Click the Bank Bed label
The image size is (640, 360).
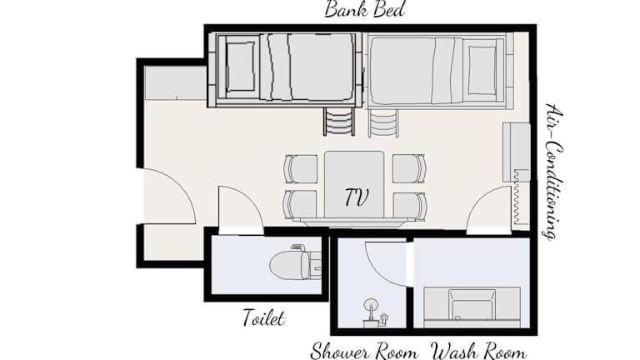(364, 9)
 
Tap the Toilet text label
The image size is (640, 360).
(263, 317)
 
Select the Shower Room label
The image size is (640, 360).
(364, 352)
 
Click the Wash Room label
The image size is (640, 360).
(479, 352)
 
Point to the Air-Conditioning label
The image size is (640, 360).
(553, 171)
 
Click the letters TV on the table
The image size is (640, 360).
(357, 197)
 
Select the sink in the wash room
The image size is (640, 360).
(472, 307)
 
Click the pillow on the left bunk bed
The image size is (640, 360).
(240, 67)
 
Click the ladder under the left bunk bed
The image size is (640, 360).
(339, 121)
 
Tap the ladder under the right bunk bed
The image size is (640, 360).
(382, 122)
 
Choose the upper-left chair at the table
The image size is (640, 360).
(301, 169)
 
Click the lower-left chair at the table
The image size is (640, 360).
(300, 205)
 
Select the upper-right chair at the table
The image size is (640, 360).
(409, 168)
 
